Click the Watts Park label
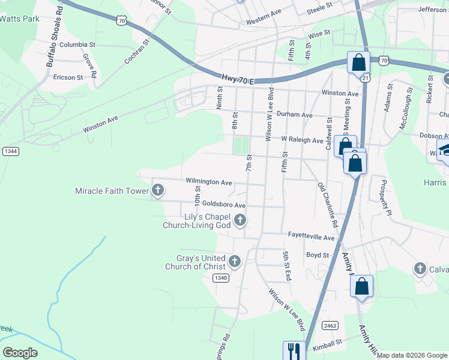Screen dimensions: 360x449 (19, 19)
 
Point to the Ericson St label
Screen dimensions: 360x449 (68, 77)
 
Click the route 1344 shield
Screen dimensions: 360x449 (10, 151)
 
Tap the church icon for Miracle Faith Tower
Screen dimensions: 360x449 (158, 191)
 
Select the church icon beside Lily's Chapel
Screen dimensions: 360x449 (240, 220)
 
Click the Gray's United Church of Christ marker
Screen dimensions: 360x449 (235, 261)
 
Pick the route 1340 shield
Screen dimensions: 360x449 (221, 277)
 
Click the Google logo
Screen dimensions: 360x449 (20, 352)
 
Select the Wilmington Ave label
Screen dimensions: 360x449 (208, 182)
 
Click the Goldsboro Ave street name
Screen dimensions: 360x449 (224, 205)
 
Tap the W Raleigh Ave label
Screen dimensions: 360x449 (302, 139)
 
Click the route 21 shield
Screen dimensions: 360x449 (365, 77)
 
